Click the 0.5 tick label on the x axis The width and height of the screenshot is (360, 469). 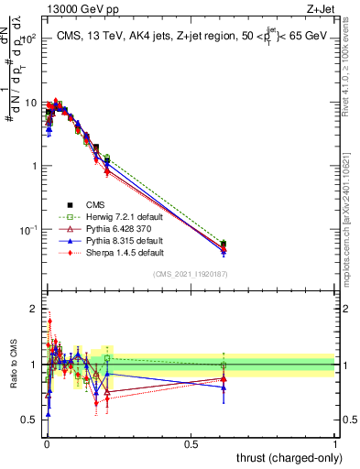pos(191,442)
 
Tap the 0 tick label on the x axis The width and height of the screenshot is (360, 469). pos(47,442)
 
